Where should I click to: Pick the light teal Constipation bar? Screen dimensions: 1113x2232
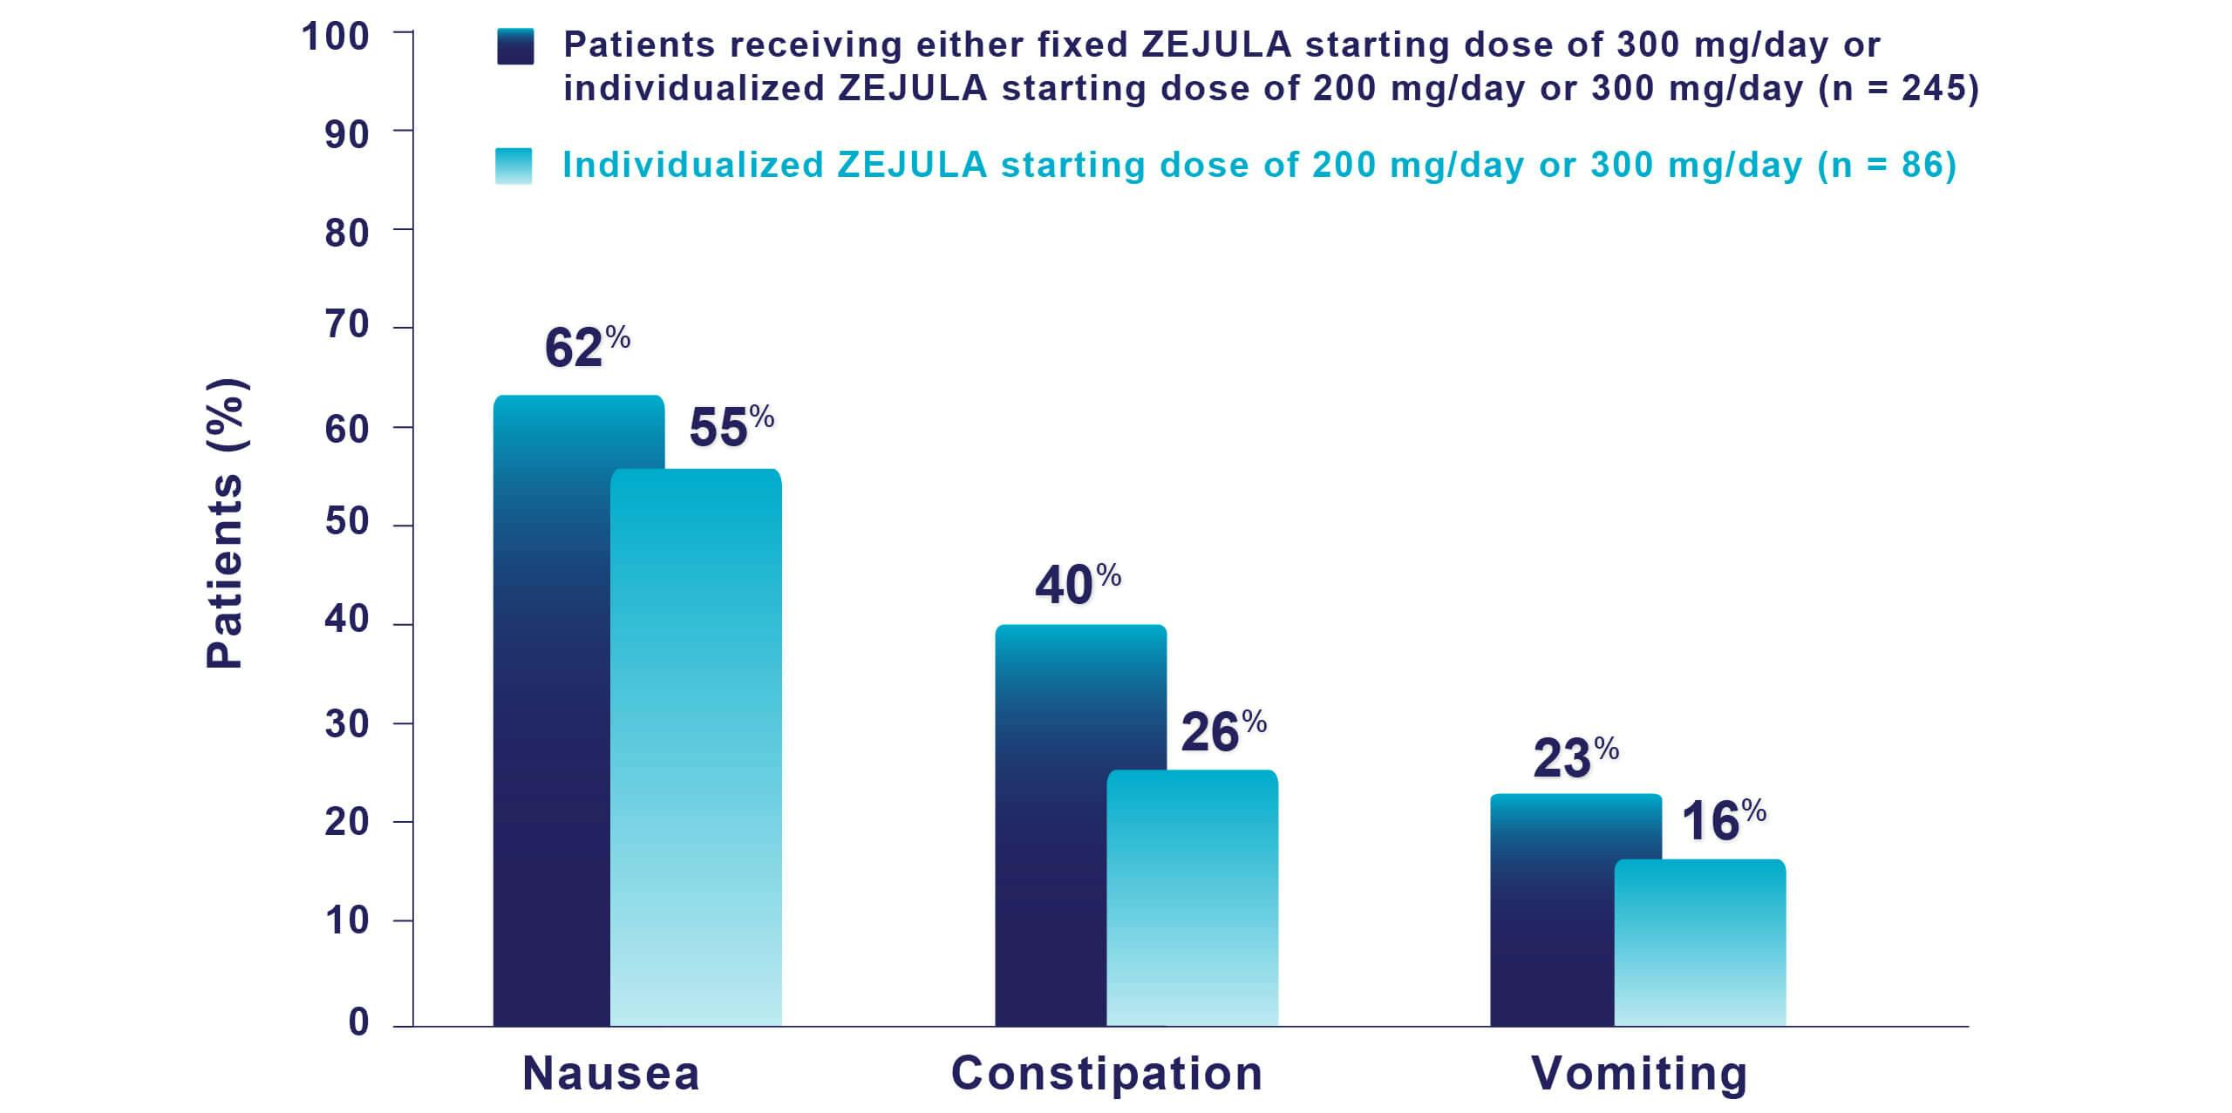coord(1192,898)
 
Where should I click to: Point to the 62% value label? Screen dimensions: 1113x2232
coord(587,348)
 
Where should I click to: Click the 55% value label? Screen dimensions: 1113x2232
coord(732,427)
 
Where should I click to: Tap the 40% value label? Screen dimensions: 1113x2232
coord(1078,584)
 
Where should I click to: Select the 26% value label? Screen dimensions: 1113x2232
coord(1223,731)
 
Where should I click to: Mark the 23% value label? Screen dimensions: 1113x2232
coord(1575,757)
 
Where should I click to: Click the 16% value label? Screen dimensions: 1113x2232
coord(1723,821)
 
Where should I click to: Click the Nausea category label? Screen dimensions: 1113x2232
coord(611,1073)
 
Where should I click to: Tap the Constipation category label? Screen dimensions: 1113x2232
coord(1106,1073)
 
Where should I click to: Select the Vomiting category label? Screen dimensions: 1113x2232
coord(1639,1073)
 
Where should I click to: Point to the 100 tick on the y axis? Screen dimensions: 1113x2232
coord(336,37)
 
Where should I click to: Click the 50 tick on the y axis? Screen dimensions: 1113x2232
coord(347,523)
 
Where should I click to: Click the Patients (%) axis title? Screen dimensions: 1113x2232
coord(224,524)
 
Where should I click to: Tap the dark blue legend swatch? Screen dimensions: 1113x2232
coord(514,46)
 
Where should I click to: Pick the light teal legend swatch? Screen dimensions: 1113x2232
coord(514,166)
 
